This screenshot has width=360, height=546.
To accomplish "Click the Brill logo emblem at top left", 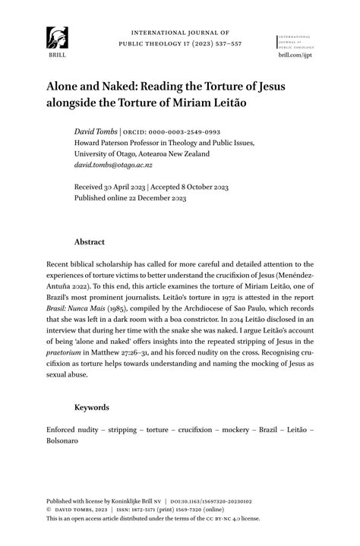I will pos(57,37).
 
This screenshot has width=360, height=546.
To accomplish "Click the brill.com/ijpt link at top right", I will pos(295,55).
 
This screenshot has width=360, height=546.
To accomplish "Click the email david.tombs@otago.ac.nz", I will pos(113,165).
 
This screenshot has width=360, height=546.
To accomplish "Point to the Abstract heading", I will pos(89,242).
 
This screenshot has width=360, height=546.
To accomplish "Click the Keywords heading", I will pos(91,407).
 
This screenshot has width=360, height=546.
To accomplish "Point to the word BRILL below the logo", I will pos(57,55).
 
